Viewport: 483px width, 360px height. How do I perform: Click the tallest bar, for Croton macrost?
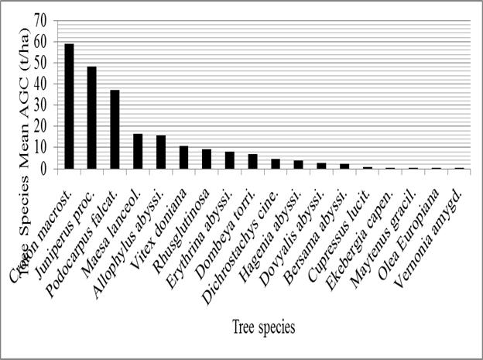69,106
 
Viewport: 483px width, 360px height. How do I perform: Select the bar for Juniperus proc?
91,118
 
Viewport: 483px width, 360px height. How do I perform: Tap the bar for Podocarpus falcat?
115,129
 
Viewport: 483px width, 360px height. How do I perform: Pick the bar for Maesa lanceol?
138,151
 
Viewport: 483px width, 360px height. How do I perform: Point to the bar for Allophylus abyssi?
161,152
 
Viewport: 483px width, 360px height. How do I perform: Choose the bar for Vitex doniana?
183,157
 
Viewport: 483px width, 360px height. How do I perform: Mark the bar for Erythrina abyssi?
230,160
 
